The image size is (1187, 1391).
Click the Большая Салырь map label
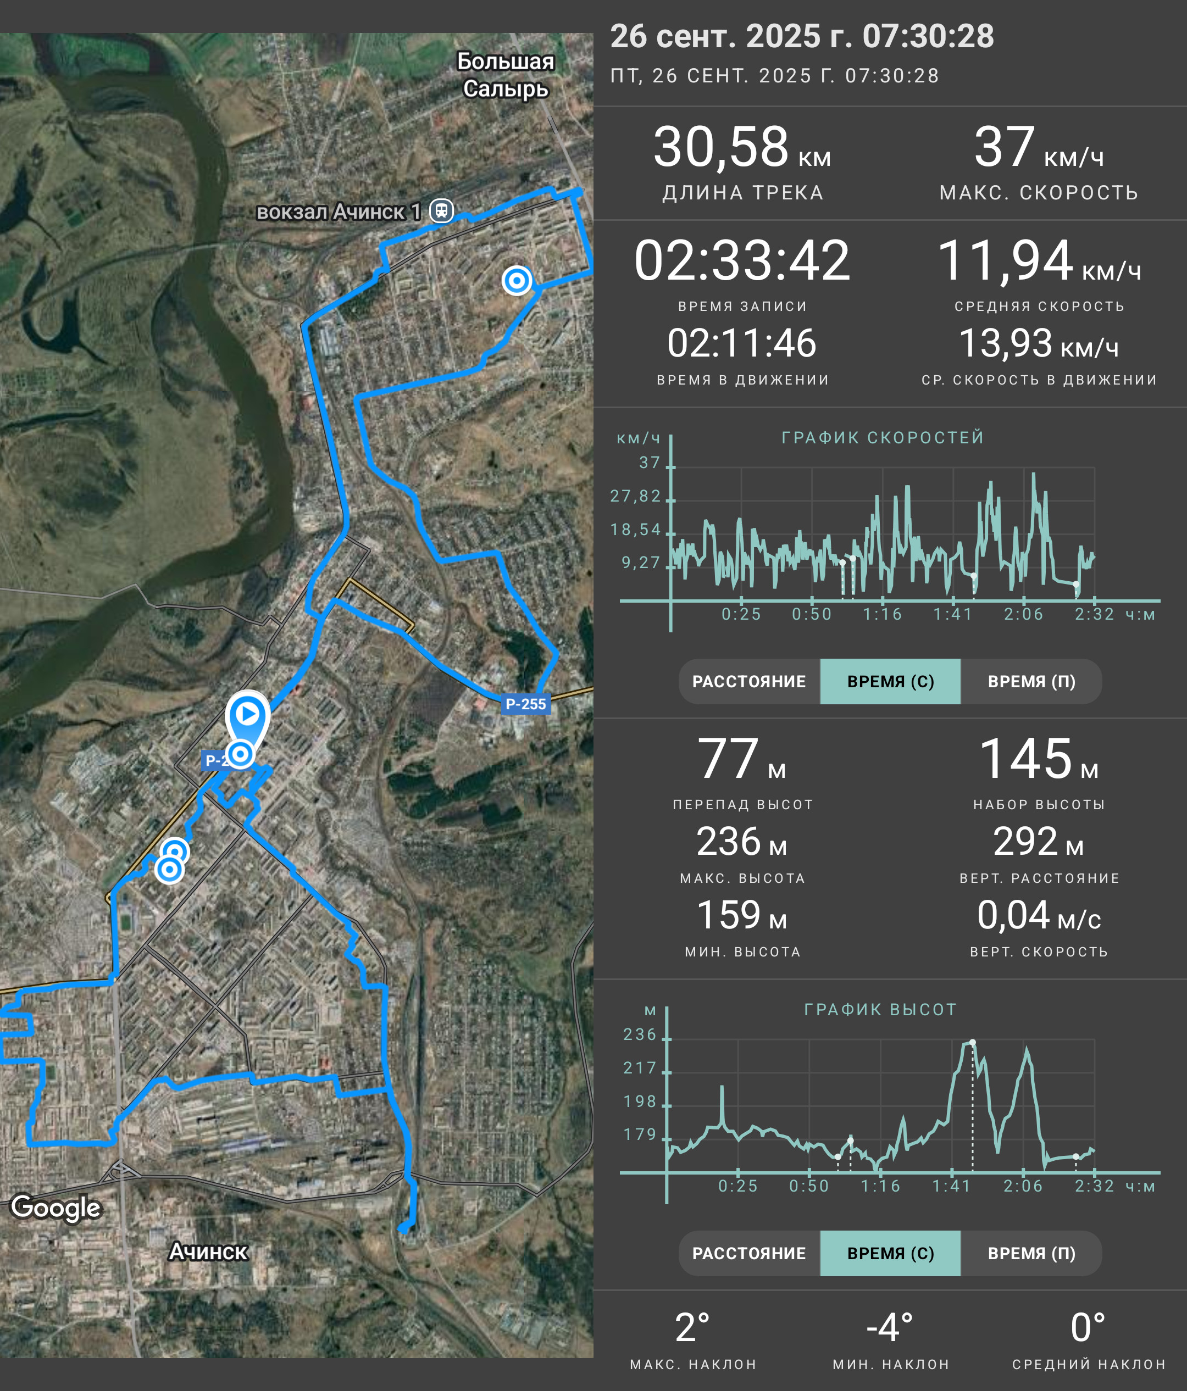(x=506, y=75)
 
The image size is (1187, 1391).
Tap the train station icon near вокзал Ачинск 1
(x=441, y=211)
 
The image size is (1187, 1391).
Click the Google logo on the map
(x=56, y=1207)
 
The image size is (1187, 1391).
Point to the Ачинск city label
(x=208, y=1251)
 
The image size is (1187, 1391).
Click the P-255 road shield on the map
(x=526, y=704)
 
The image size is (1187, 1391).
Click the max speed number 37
(x=1005, y=147)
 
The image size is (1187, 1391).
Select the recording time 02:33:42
(x=742, y=260)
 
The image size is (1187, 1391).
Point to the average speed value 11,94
(x=1005, y=260)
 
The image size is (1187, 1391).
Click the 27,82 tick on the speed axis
(x=635, y=496)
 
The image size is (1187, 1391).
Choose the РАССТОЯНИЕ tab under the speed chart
(x=749, y=681)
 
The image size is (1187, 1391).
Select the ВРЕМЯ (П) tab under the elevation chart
(x=1031, y=1253)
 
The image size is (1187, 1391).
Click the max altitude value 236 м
(x=742, y=842)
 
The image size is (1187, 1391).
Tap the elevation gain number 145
(x=1026, y=759)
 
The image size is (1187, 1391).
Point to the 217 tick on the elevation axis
(x=639, y=1068)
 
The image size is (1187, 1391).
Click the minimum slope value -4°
(x=890, y=1328)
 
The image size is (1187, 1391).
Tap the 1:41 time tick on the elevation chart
(x=952, y=1186)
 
